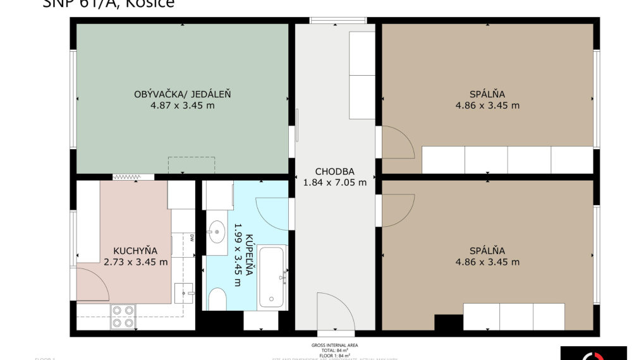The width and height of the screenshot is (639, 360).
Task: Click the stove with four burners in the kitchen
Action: (123, 316)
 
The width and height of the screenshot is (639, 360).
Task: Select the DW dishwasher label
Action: (191, 237)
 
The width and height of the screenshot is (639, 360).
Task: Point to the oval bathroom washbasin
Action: (217, 231)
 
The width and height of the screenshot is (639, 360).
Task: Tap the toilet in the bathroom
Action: (217, 299)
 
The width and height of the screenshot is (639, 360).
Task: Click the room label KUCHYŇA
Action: (135, 250)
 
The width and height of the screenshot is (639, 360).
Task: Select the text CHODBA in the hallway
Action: (334, 171)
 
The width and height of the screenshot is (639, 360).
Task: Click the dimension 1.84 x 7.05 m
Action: (334, 183)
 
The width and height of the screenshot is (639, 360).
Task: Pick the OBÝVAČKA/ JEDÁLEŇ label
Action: (182, 94)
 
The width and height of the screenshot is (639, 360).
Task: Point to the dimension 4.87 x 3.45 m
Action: (182, 105)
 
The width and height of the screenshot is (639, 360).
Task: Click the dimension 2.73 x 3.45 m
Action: (135, 261)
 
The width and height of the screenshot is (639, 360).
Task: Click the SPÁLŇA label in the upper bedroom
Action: (487, 94)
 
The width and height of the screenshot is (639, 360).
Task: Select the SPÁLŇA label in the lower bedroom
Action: (487, 250)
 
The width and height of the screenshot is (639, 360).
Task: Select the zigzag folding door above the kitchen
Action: (133, 177)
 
